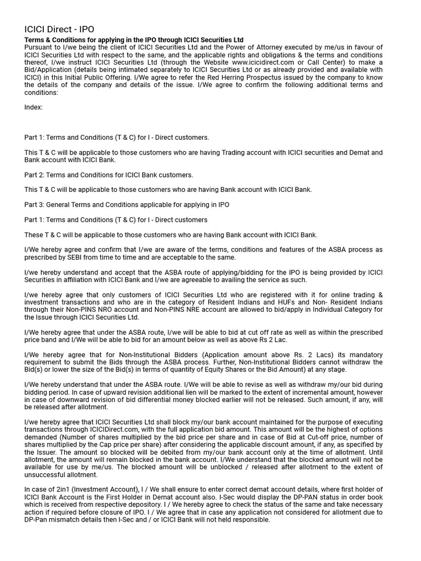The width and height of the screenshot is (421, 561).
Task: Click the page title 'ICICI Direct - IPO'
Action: pyautogui.click(x=62, y=30)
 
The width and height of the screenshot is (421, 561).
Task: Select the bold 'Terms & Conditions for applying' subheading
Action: pyautogui.click(x=134, y=40)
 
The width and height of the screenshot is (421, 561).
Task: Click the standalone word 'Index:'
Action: pyautogui.click(x=33, y=107)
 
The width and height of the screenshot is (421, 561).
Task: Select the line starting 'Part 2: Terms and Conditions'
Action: pyautogui.click(x=109, y=175)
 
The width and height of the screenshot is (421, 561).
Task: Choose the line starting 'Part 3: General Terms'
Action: pyautogui.click(x=127, y=204)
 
